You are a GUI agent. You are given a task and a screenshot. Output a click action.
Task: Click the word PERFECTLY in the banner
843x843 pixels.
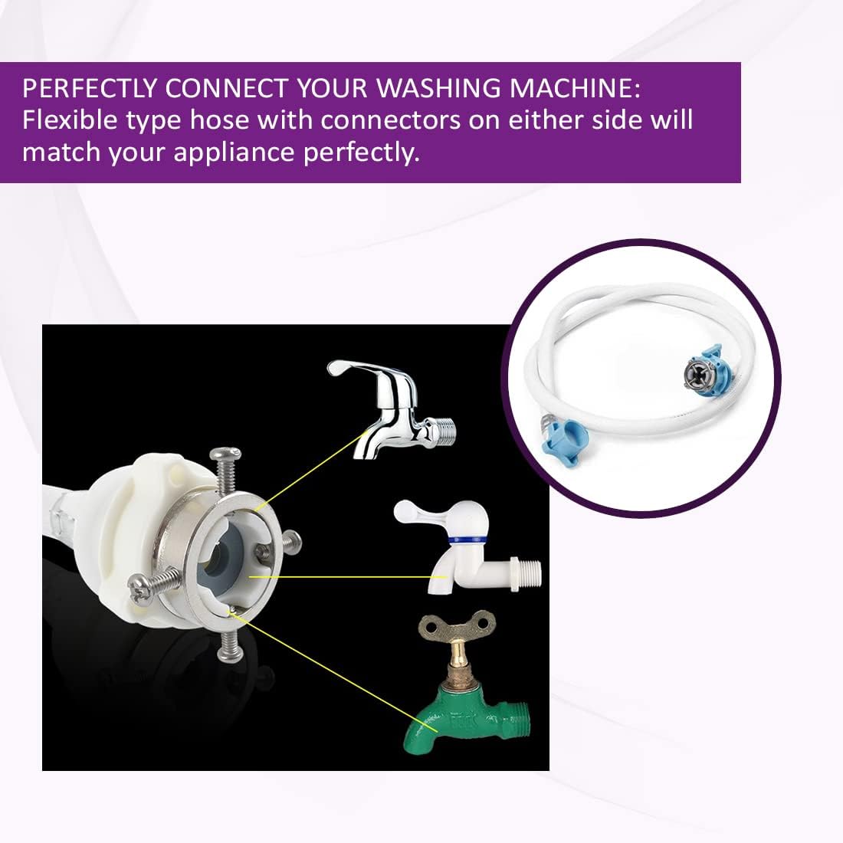point(90,88)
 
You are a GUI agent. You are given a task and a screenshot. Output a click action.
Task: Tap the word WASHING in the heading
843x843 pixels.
point(438,88)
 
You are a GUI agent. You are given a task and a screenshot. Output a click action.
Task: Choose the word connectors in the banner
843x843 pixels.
point(391,120)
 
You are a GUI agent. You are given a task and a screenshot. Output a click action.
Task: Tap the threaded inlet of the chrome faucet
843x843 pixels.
point(444,429)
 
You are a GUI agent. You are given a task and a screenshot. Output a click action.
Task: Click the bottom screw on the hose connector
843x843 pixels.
point(227,643)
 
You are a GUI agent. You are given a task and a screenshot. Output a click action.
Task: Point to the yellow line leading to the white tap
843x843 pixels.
point(348,577)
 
